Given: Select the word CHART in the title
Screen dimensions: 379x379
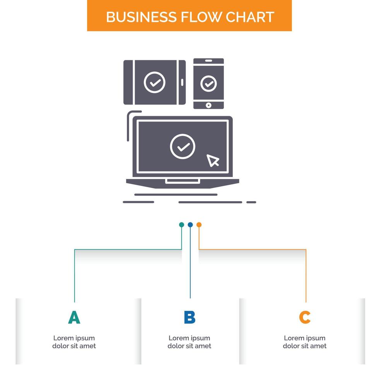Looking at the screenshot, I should (250, 17).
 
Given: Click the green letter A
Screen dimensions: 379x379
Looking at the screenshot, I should (74, 317).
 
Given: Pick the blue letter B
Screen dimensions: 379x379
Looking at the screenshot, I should (189, 317).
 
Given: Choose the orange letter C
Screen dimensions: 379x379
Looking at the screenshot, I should (305, 317).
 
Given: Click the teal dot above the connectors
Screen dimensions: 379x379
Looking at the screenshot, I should (181, 225).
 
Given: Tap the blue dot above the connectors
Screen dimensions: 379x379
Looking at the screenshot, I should (190, 225).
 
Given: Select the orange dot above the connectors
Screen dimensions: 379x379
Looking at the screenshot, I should (199, 225).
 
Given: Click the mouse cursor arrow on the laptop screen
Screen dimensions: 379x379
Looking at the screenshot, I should (213, 160).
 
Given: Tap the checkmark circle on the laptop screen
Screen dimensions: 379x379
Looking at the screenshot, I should (183, 147).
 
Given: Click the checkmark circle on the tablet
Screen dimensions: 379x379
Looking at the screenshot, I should (155, 82).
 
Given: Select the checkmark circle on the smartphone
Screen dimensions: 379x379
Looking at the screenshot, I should (209, 83).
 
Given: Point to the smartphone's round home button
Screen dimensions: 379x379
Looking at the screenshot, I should (209, 105).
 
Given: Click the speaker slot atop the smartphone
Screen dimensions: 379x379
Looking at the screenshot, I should (209, 61).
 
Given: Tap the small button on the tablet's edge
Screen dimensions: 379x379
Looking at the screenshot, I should (183, 82).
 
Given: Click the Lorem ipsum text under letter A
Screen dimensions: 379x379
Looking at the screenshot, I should (74, 342).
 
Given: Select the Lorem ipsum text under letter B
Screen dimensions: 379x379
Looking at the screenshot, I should (189, 342).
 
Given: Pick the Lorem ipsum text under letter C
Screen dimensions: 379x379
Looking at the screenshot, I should (305, 342).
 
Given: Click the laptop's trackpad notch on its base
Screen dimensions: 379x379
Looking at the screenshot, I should (183, 181).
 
